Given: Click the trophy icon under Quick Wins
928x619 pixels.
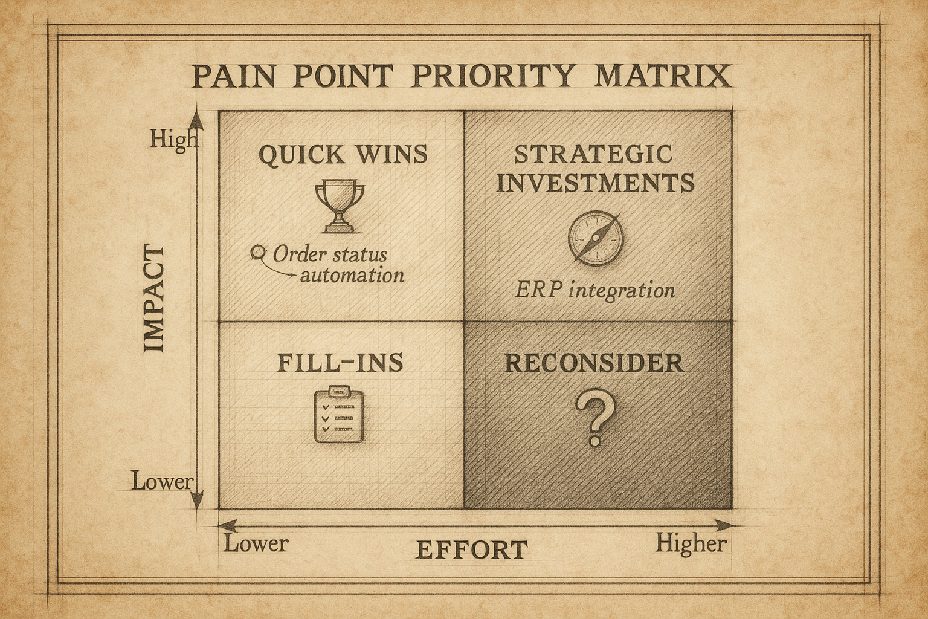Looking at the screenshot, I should coord(340,206).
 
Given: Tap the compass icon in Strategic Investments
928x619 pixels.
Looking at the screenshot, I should coord(595,238).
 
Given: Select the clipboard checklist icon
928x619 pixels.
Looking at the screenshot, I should coord(340,415).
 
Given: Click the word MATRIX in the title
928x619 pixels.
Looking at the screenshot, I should coord(663,77).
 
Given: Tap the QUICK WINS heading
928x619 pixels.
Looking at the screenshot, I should coord(343,155).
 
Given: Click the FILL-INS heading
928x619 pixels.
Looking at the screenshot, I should coord(340,362).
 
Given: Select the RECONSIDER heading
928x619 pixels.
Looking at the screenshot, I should coord(594,363).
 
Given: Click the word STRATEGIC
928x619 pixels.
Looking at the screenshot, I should coord(594,154).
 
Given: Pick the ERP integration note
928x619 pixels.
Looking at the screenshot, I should coord(595,291).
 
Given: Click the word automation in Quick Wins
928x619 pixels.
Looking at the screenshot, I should coord(352,276).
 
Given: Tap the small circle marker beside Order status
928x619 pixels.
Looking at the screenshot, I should coord(259,251).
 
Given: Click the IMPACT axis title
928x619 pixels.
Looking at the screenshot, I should coord(155,299).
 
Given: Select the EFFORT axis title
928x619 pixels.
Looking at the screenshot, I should coord(472,550).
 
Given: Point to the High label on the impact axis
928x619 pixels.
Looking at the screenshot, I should coord(173,140).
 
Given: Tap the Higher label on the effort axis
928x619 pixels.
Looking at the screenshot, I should coord(691,543).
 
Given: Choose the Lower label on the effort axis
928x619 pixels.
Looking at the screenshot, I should coord(256,543).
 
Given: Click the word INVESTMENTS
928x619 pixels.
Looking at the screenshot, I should coord(595,183).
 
